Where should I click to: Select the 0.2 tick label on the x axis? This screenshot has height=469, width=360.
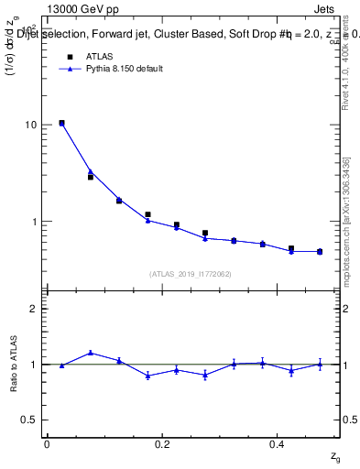point(161,443)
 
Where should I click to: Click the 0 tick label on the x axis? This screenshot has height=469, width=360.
point(47,443)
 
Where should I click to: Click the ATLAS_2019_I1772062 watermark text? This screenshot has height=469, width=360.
point(191,273)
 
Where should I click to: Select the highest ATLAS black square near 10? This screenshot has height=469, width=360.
point(61,123)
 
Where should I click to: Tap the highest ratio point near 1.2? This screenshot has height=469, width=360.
point(90,353)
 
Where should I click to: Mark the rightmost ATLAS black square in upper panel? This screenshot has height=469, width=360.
point(320,251)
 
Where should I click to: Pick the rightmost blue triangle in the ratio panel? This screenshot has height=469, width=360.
point(320,364)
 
